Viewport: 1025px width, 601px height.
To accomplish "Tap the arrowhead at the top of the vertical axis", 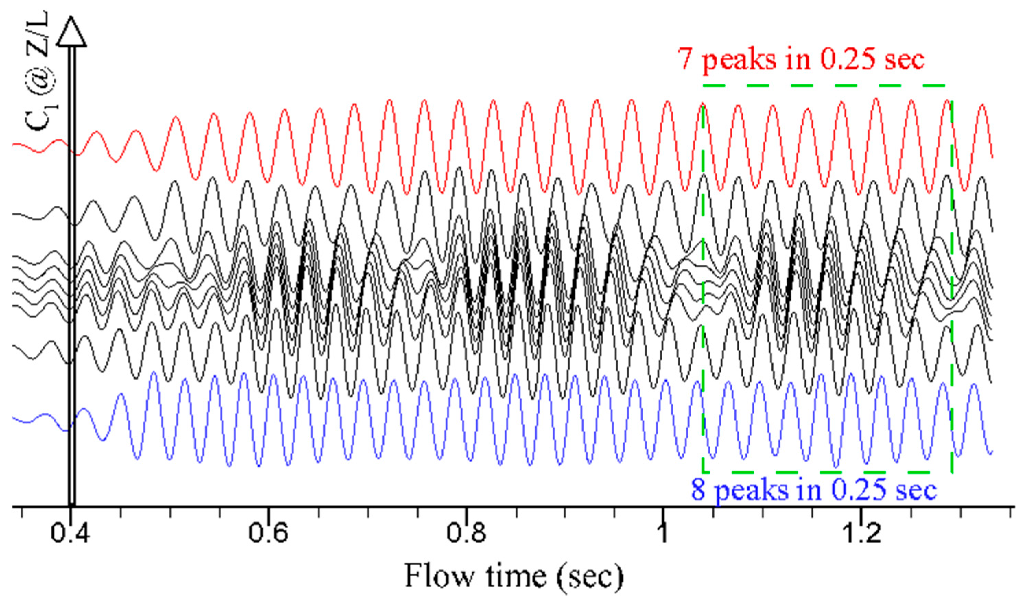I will pos(72,31).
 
